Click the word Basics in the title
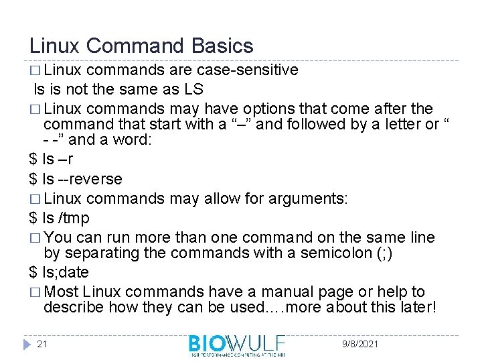pos(222,46)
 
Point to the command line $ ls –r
pos(52,160)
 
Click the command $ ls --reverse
pos(76,179)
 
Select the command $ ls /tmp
pos(59,218)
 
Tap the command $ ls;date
pos(59,272)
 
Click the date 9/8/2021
pos(359,344)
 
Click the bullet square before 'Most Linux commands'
pos(35,292)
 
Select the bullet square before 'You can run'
pos(35,238)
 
